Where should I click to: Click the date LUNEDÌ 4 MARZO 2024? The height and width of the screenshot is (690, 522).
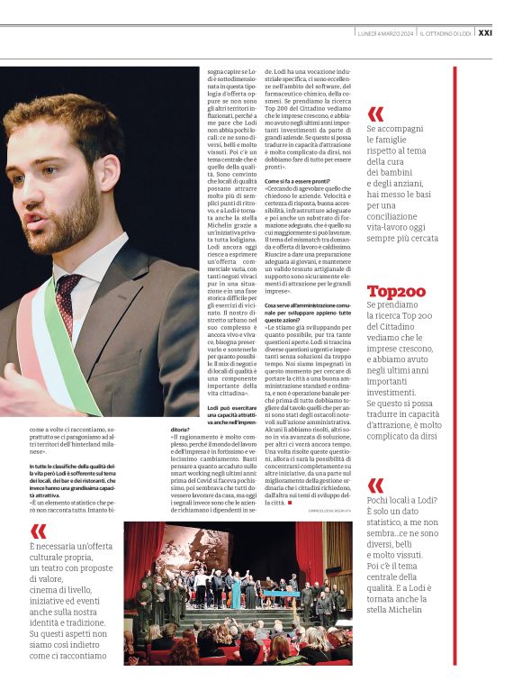(x=386, y=33)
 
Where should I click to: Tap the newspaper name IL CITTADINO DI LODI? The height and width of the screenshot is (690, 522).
(x=445, y=33)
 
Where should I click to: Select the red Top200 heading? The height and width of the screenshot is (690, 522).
(x=396, y=291)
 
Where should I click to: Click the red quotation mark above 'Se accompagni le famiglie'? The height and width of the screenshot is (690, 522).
(x=375, y=113)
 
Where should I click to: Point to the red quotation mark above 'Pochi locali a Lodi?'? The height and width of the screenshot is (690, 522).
(x=375, y=486)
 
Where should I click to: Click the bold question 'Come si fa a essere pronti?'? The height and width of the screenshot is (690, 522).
(x=294, y=181)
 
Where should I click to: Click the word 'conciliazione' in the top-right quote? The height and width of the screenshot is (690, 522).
(x=403, y=217)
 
